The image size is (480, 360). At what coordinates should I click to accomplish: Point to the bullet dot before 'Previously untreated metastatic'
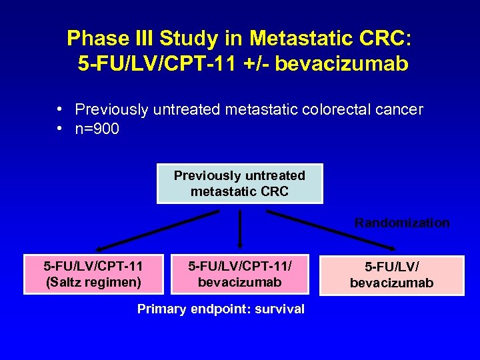[60, 109]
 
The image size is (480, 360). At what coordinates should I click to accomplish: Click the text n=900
[97, 129]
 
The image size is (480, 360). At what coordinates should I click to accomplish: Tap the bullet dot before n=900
[60, 129]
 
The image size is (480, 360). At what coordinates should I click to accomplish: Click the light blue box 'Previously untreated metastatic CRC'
[239, 183]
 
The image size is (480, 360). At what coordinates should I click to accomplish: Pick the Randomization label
[402, 223]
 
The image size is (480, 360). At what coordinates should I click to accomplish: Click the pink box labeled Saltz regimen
[93, 274]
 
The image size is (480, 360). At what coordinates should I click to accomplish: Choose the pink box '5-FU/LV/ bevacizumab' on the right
[391, 275]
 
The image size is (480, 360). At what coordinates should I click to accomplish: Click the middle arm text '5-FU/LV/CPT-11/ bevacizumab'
[239, 274]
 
